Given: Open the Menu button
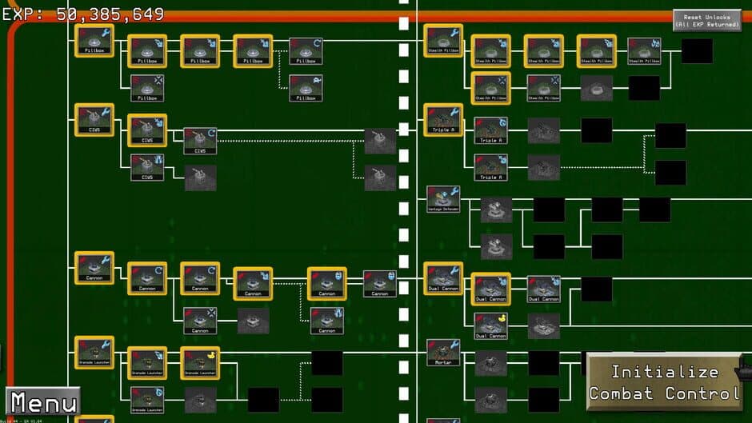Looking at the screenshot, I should pos(43,401).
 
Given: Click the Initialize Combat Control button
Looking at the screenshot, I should pos(664,382).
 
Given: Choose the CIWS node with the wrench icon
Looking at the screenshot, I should pos(94,119).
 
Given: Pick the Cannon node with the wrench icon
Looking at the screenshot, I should pos(94,268).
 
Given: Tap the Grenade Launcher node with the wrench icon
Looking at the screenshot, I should pos(94,352).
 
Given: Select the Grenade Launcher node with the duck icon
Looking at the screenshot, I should pos(200,362).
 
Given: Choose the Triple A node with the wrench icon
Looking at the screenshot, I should pos(443,119).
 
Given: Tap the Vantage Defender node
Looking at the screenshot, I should pos(443,198).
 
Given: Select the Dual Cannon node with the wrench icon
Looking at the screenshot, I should pos(443,278).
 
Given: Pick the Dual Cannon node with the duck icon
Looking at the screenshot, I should pos(490,326).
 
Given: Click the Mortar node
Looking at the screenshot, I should pos(443,352).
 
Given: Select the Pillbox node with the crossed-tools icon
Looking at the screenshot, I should pos(147,88).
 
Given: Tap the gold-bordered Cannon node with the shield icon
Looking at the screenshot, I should pos(326,283).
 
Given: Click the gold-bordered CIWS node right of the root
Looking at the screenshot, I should pos(147,130).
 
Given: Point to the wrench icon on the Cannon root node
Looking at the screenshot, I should pos(106,259).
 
